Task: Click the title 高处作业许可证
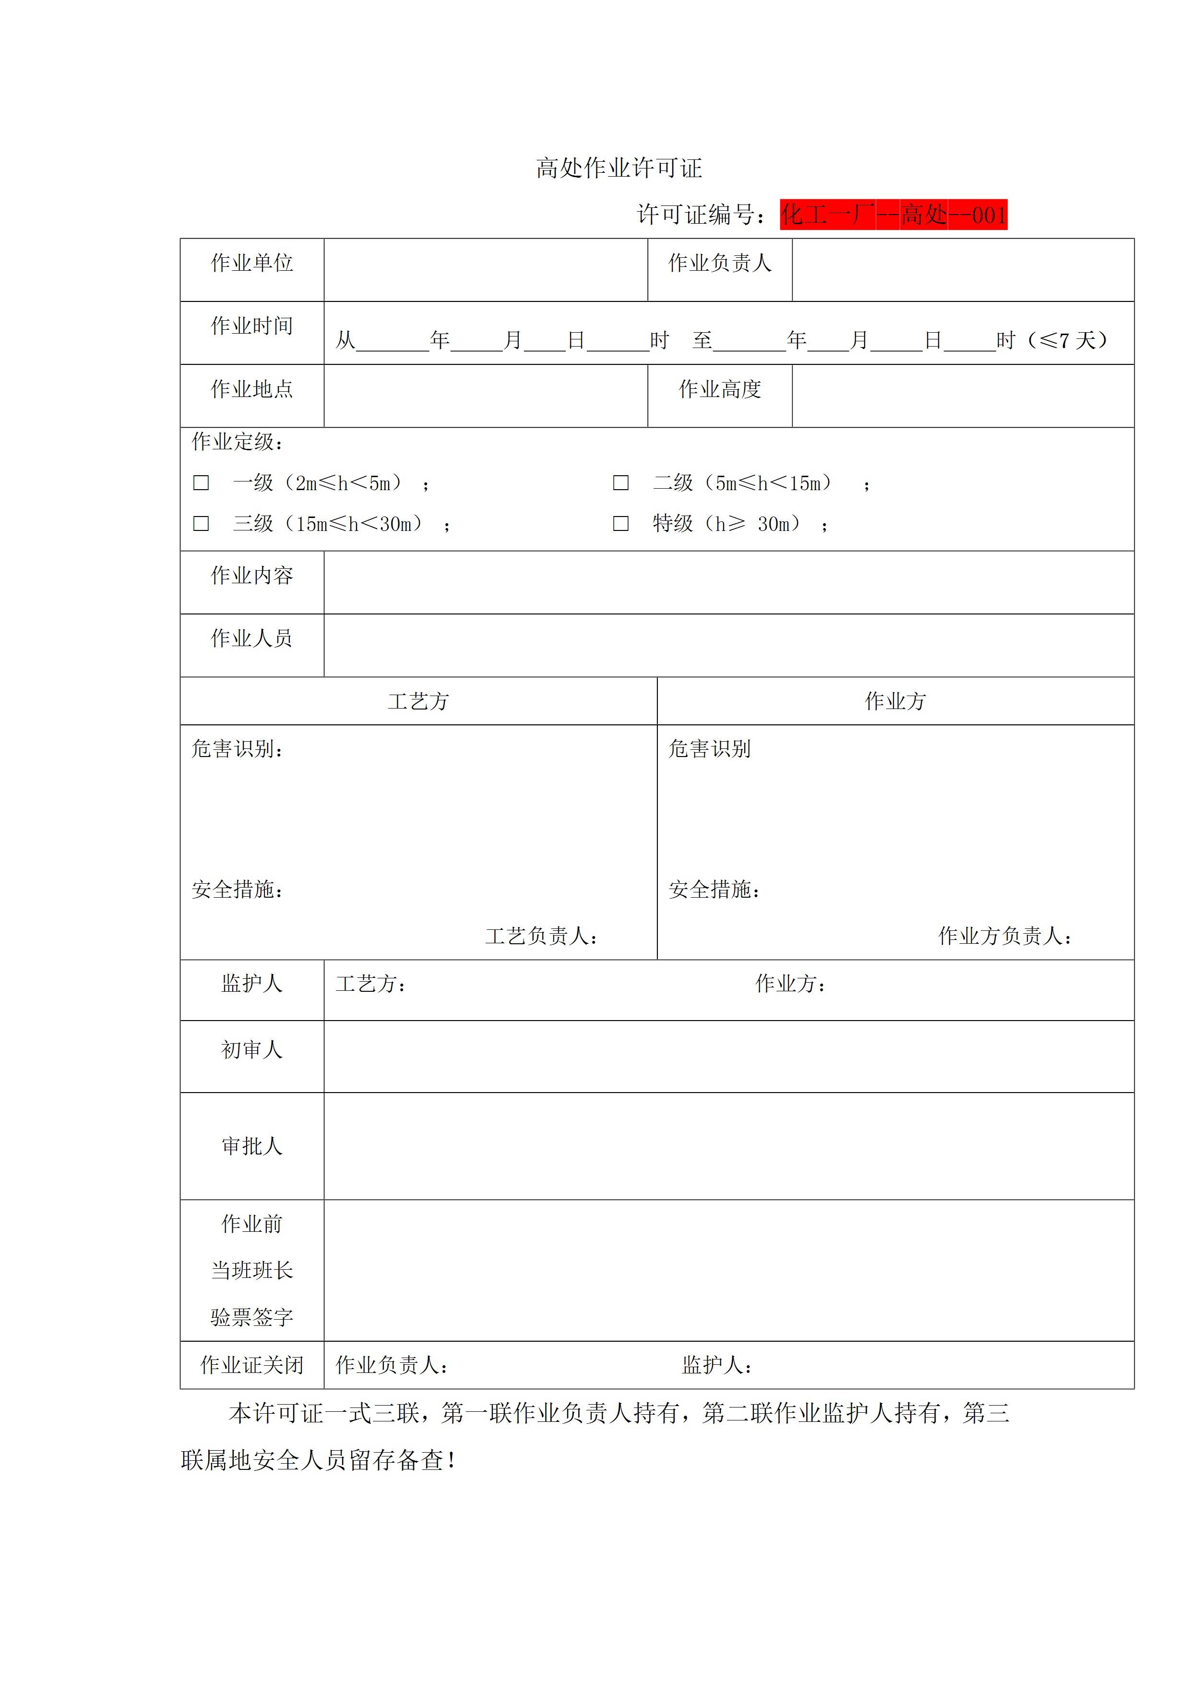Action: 619,168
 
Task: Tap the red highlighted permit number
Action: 893,215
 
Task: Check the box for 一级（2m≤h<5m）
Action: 201,482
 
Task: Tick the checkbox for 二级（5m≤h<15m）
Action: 620,482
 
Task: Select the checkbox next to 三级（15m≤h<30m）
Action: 201,523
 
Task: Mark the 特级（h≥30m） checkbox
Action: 620,523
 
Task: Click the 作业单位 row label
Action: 251,263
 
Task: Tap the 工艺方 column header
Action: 418,701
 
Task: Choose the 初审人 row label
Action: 251,1049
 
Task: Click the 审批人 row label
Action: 251,1146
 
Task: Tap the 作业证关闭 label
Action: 251,1365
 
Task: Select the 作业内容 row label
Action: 251,575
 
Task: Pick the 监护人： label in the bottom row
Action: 717,1365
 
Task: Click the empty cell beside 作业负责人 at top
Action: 962,269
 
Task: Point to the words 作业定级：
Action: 238,442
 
